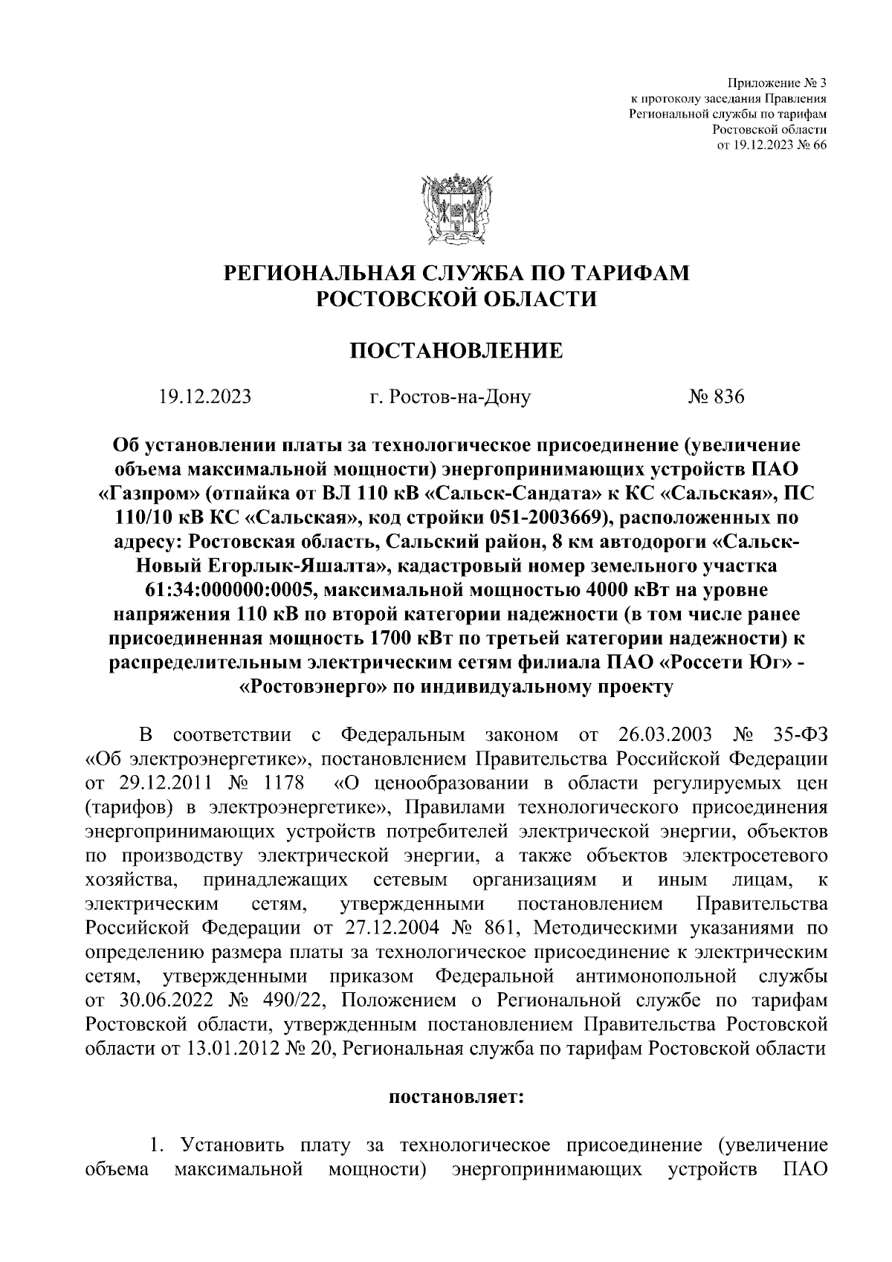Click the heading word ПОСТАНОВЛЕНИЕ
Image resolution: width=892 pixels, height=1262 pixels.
tap(456, 350)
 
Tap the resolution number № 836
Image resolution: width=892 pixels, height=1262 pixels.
tap(716, 397)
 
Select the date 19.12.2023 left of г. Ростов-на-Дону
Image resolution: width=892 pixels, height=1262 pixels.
tap(204, 397)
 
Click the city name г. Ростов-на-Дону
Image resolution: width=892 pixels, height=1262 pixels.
tap(450, 397)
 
